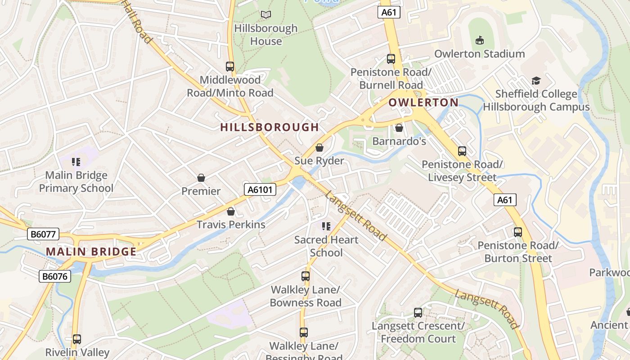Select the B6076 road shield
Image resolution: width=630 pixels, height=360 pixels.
pos(55,276)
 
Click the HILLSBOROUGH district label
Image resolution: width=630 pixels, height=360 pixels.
pos(270,127)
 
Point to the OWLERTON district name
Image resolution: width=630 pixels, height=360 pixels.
pos(423,103)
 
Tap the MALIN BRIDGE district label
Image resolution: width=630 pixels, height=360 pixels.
pos(91,252)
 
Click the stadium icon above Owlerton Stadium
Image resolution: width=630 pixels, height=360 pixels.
pos(479,40)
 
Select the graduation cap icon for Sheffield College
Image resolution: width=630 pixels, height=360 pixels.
pos(536,81)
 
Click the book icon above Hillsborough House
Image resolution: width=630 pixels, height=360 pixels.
pos(266,15)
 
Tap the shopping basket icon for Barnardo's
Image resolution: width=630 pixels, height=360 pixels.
pos(399,128)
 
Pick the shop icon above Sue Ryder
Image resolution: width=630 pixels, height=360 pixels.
pos(319,147)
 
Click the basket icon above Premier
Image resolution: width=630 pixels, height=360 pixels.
pos(201,178)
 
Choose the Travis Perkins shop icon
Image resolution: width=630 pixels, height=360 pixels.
pos(231,211)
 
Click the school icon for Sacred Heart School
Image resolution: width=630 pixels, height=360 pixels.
pos(326,226)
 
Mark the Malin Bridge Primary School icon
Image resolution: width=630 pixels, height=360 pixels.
pos(76,162)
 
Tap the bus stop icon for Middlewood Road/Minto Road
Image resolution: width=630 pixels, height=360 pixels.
pos(230,67)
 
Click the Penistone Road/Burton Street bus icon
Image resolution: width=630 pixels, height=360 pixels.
pos(518,232)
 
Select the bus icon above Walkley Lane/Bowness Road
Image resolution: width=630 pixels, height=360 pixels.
pos(306,276)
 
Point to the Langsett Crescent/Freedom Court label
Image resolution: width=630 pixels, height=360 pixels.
pos(418,332)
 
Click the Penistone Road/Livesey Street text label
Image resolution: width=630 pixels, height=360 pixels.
pos(462,171)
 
